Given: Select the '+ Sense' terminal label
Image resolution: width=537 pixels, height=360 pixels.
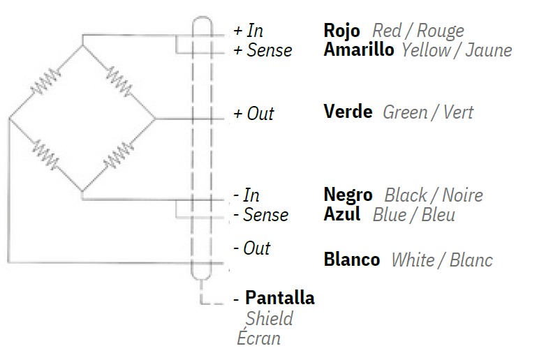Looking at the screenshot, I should (x=263, y=51).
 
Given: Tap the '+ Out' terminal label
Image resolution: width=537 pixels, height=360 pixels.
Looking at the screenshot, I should (x=253, y=114).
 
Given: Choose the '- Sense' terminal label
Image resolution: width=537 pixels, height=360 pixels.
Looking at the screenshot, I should (x=260, y=215).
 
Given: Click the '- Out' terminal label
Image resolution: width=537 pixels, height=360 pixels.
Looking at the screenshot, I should (x=251, y=248).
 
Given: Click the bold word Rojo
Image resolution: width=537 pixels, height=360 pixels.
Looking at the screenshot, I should (x=342, y=31).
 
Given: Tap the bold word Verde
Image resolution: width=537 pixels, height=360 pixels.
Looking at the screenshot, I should (x=348, y=112).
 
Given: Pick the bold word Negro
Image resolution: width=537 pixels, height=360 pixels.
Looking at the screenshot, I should (x=348, y=195).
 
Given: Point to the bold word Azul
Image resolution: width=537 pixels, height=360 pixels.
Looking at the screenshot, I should (x=342, y=214).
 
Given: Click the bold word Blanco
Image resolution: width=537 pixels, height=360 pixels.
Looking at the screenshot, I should (x=352, y=260).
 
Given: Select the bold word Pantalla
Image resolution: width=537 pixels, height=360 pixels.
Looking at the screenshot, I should (x=279, y=299).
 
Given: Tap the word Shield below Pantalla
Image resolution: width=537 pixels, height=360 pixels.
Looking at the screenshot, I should (x=269, y=319).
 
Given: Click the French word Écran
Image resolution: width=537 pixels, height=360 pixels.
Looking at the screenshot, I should (x=259, y=339).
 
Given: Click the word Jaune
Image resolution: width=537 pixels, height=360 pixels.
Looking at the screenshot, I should (x=492, y=50).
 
